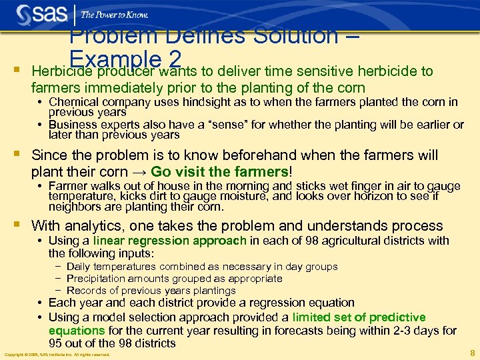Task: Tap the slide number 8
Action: [x=472, y=353]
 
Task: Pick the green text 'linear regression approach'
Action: [x=171, y=241]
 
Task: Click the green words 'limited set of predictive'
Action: [x=359, y=317]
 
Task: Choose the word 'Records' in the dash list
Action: [x=86, y=291]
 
